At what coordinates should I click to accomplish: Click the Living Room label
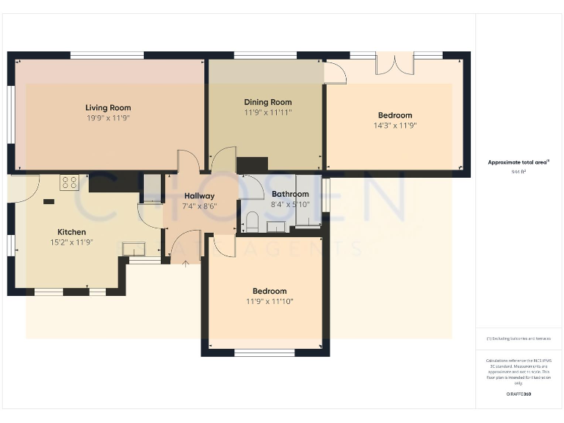click(108, 108)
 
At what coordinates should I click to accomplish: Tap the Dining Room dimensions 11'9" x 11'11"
click(268, 113)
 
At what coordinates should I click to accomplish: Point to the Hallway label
click(200, 196)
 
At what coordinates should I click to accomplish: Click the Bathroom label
click(290, 195)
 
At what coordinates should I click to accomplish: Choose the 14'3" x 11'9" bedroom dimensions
click(395, 126)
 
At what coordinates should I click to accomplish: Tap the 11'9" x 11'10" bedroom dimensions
click(270, 301)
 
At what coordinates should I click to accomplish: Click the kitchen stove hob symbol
click(70, 181)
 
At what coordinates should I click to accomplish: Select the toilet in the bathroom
click(252, 221)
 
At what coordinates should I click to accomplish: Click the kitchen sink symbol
click(134, 248)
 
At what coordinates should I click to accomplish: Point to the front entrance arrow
click(184, 263)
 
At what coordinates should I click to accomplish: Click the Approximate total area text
click(518, 162)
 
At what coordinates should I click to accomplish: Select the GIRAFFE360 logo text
click(518, 394)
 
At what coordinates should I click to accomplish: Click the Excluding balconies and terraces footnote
click(518, 339)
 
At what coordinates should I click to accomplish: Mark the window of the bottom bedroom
click(264, 353)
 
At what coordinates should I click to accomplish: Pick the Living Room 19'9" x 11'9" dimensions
click(108, 118)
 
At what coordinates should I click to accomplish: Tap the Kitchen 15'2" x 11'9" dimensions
click(71, 242)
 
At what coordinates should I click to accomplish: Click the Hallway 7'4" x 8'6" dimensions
click(200, 206)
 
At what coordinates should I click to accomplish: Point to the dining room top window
click(265, 55)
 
